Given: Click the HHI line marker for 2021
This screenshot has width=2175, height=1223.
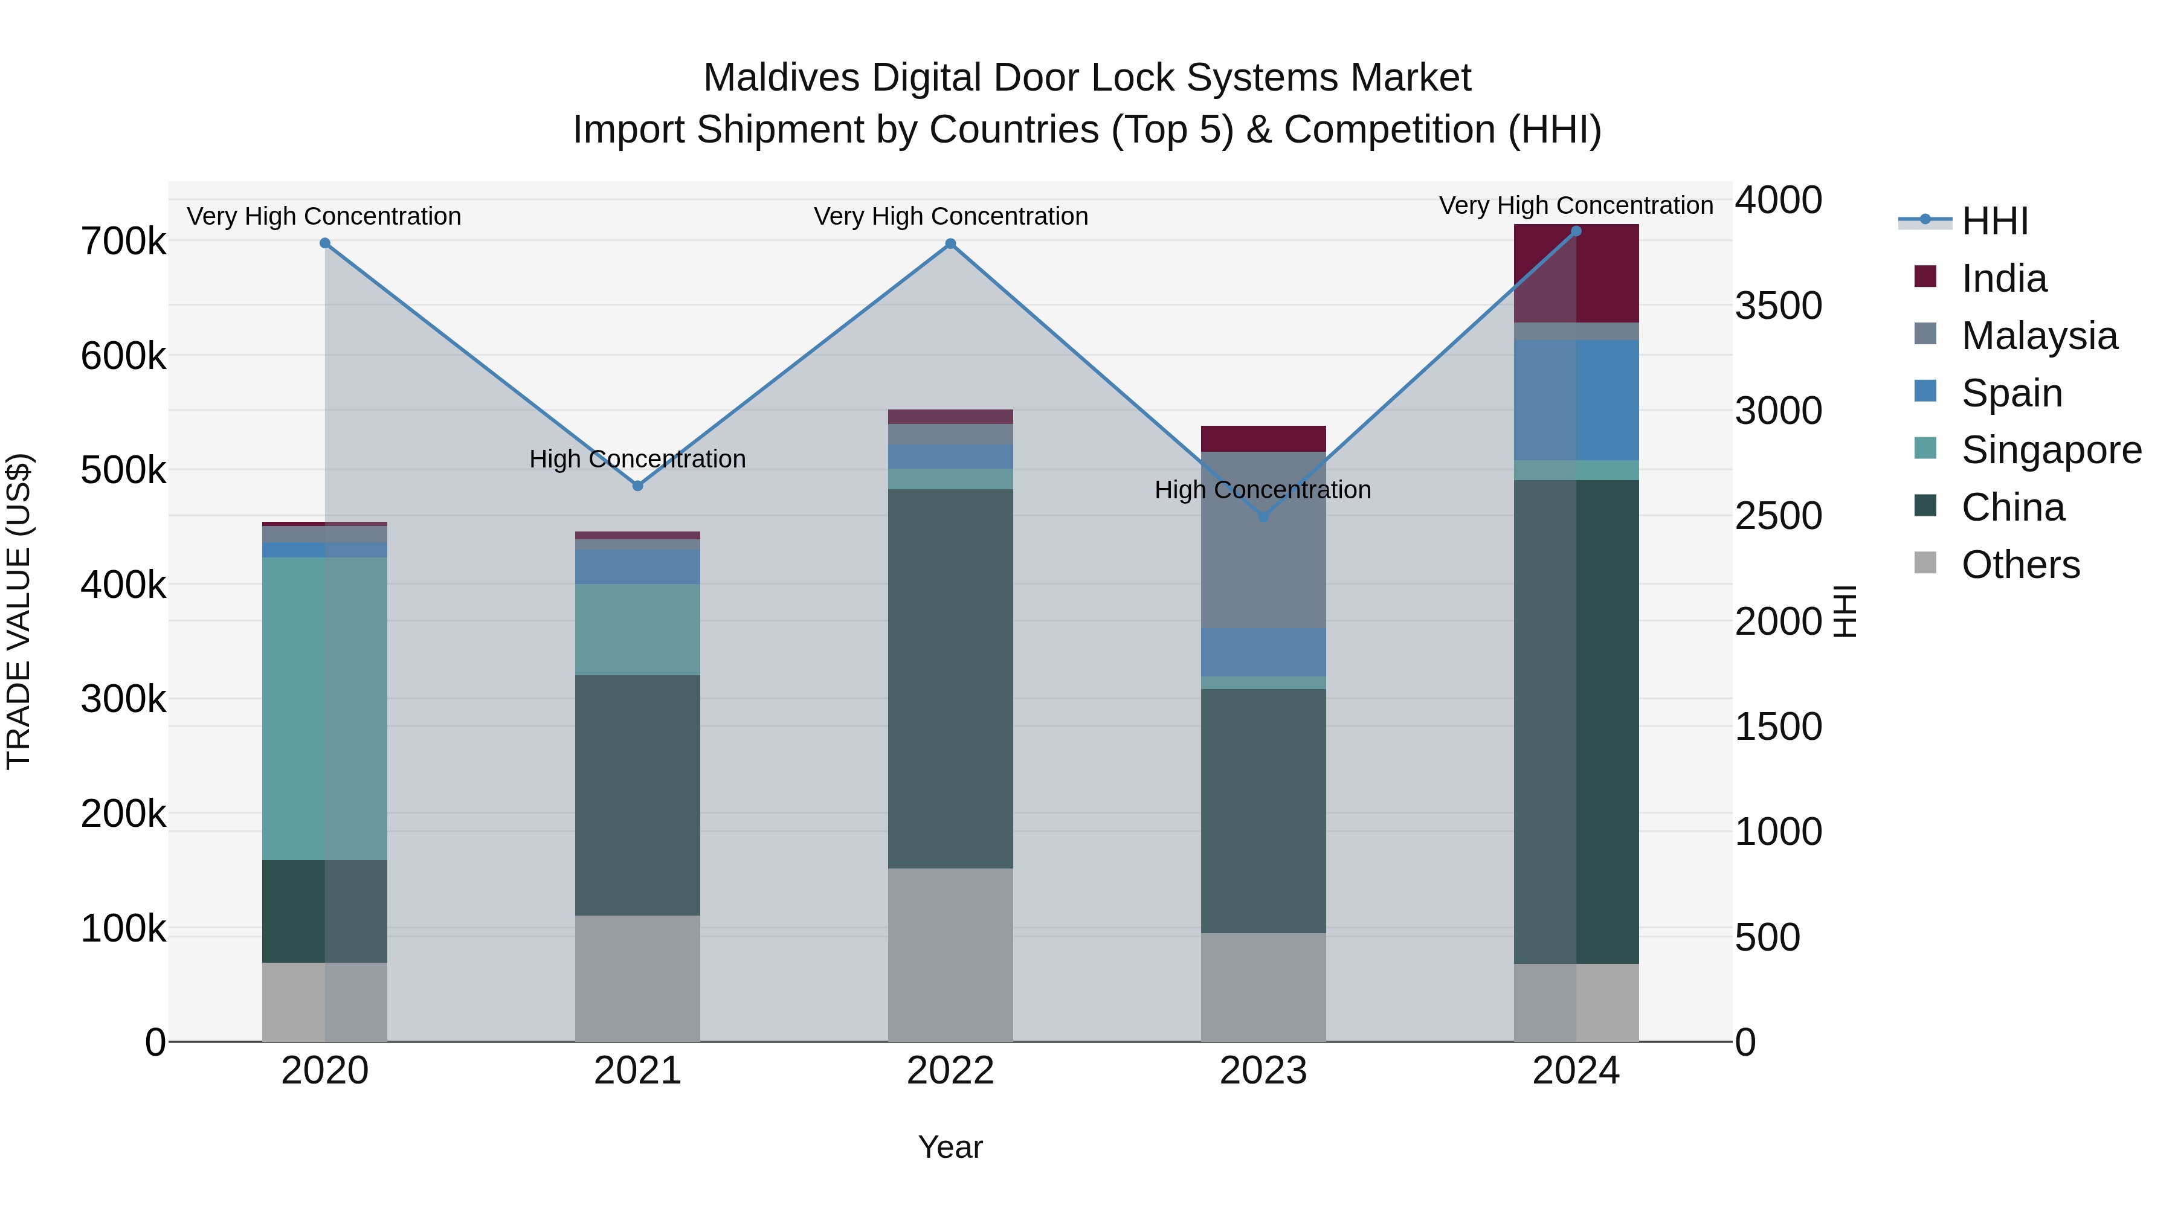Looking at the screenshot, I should click(x=637, y=486).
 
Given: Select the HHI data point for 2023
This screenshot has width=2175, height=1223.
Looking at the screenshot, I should click(x=1263, y=516).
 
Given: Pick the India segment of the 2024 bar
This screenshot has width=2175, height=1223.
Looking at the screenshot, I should click(x=1576, y=274).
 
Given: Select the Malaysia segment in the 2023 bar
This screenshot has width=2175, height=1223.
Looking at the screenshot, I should click(x=1263, y=539).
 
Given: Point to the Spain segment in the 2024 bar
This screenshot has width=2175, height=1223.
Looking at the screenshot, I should click(x=1576, y=400).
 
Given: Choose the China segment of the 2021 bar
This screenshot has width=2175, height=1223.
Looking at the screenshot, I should click(x=637, y=794).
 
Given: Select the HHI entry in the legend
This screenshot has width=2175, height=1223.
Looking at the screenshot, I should click(x=1994, y=221).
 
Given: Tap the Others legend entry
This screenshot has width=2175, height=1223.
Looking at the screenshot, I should click(x=2020, y=565).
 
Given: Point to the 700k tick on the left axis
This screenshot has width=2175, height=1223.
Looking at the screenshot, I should click(x=123, y=242).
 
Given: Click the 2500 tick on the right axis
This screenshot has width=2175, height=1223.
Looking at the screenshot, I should click(x=1778, y=516).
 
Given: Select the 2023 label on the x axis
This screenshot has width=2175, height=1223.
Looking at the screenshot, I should click(x=1263, y=1071).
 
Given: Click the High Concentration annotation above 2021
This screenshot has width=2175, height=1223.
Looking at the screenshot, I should click(x=637, y=459).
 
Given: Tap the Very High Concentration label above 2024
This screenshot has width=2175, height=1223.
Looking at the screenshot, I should click(x=1576, y=205).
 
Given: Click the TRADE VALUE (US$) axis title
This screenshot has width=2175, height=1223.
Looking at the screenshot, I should click(x=19, y=611).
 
